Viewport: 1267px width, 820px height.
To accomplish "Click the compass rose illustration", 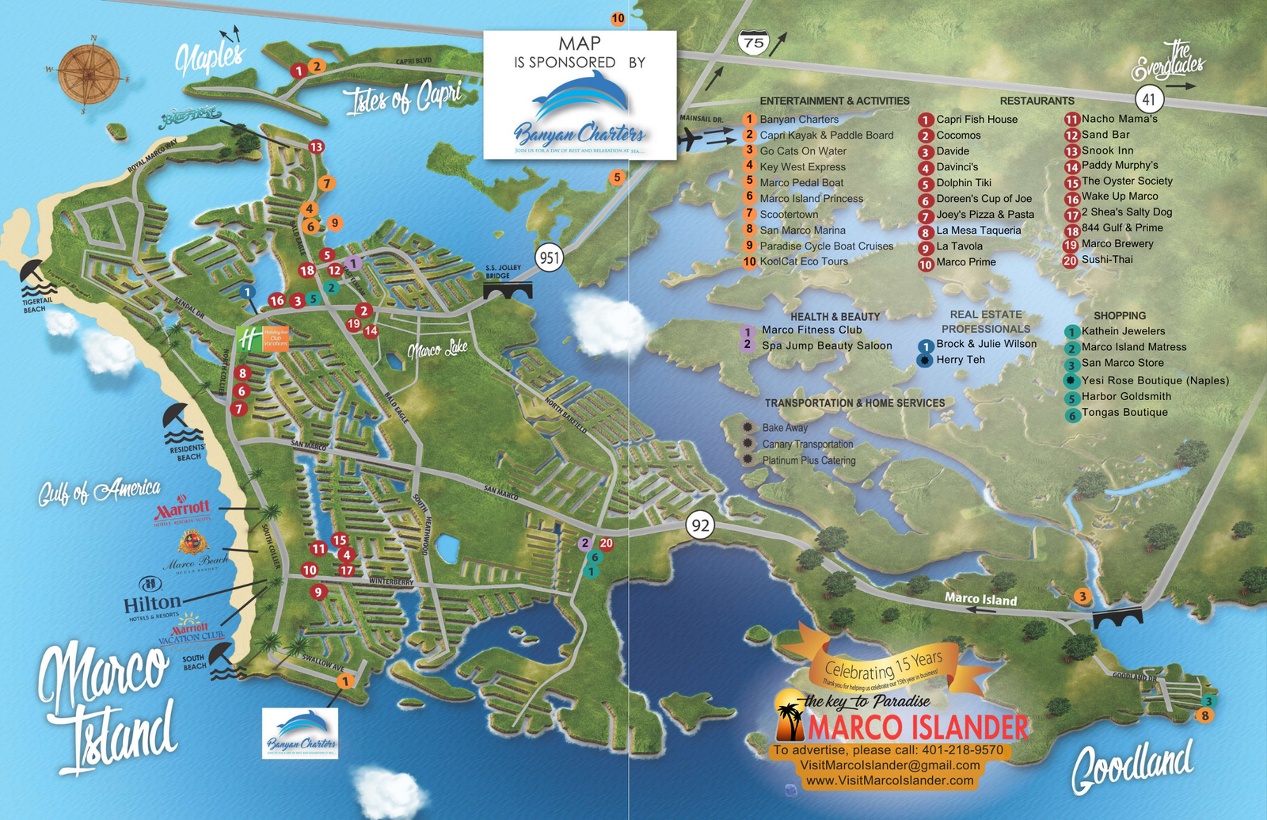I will [89, 75].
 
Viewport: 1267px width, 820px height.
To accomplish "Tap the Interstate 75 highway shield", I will [753, 41].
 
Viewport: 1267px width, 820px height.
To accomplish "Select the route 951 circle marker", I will [549, 257].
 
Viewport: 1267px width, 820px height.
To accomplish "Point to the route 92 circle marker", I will [700, 524].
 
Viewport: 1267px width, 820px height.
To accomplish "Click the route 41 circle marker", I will [1149, 100].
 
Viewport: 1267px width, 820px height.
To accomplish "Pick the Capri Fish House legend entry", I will [976, 120].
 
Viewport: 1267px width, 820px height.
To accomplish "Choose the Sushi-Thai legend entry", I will [1106, 260].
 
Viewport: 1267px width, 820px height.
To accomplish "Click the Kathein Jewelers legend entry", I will [1122, 331].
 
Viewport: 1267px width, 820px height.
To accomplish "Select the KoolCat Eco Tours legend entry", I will [803, 261].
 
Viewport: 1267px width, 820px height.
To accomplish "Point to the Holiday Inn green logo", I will [249, 338].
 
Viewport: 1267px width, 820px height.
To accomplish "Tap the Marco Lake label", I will [437, 349].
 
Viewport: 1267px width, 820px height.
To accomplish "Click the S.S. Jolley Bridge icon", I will [508, 292].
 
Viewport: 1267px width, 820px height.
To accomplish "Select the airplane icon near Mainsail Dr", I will [692, 139].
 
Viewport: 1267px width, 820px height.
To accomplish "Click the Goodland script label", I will [1132, 766].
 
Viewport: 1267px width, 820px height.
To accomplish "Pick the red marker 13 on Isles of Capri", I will [316, 147].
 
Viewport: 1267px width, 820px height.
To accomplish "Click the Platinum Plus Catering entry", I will [808, 460].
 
